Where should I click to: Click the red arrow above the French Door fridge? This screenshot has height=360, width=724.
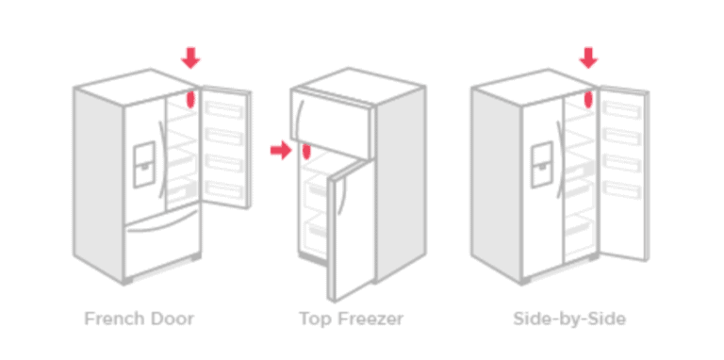click(x=191, y=58)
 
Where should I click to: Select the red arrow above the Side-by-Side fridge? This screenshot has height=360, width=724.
click(x=589, y=58)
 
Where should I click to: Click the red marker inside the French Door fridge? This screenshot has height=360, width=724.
click(x=192, y=99)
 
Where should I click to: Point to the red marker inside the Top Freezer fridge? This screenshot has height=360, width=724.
click(x=306, y=152)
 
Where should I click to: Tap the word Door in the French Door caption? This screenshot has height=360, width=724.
click(x=171, y=319)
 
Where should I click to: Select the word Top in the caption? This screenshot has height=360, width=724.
click(x=314, y=319)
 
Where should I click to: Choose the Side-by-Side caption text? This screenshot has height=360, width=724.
click(x=569, y=319)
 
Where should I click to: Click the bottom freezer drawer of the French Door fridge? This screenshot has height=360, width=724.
click(x=162, y=243)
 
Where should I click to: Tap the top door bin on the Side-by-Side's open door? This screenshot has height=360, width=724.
click(x=624, y=106)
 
